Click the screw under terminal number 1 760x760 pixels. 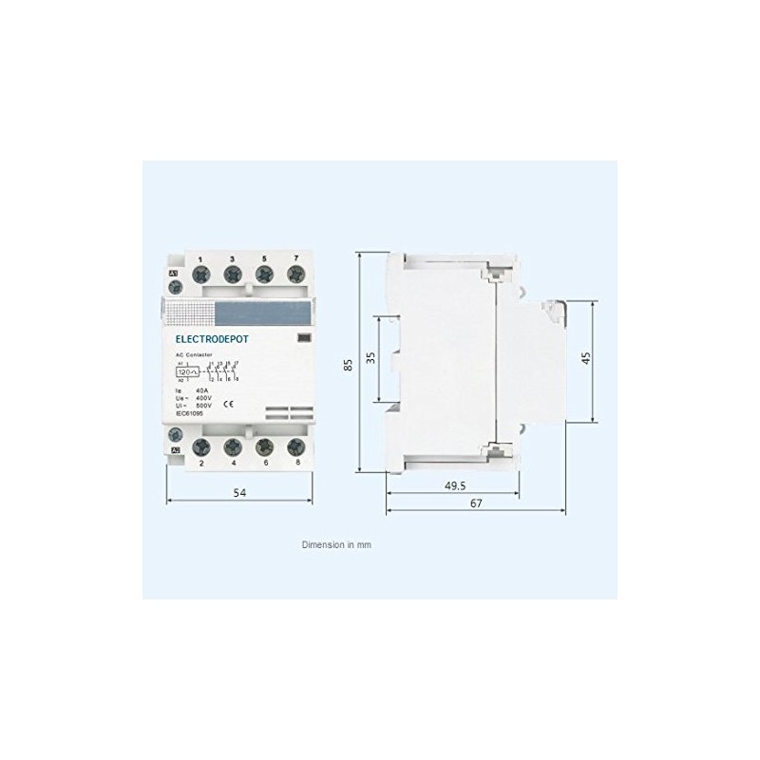coord(201,275)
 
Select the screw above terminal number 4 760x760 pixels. coord(232,447)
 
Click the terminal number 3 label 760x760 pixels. coord(232,259)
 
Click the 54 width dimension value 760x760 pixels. coord(241,492)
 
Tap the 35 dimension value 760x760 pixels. coord(370,358)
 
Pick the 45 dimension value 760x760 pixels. coord(586,358)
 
